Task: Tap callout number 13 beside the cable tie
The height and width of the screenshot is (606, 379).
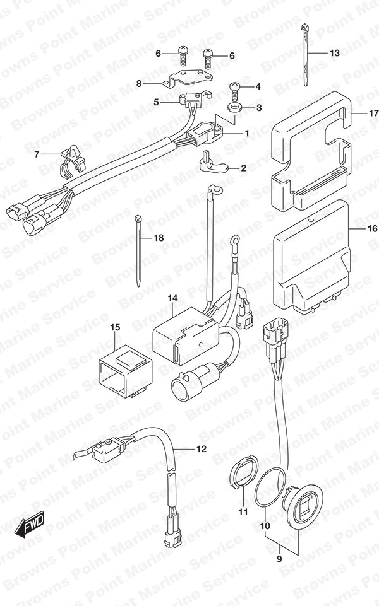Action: coord(334,53)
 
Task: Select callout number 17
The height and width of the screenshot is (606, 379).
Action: coord(373,114)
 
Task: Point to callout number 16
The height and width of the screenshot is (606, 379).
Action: coord(371,229)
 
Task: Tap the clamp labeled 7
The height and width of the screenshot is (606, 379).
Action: coord(73,160)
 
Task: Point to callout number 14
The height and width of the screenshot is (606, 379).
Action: coord(172,298)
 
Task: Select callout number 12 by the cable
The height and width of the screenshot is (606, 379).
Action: coord(202,449)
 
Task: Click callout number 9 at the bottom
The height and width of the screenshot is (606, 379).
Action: coord(279,559)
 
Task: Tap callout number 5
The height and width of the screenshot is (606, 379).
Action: coord(156,102)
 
